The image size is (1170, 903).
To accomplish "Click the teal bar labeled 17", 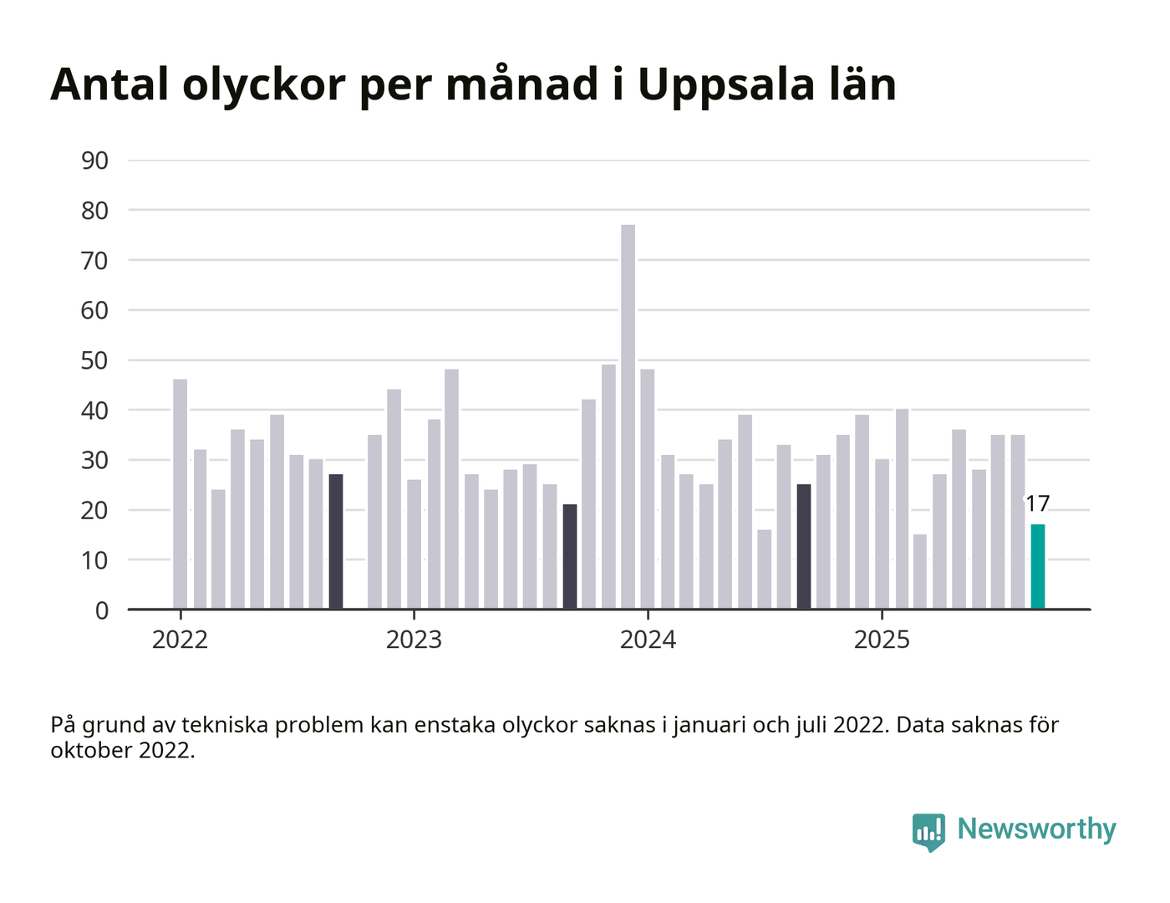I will point(1037,567).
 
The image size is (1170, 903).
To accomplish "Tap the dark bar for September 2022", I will point(336,542).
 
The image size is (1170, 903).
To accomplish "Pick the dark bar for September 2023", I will point(570,557).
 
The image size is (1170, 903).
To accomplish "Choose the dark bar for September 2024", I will point(804,547).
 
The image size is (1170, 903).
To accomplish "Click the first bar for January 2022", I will point(181,494).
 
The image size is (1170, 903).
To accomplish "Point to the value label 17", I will point(1037,504).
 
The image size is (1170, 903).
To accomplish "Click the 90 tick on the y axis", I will point(95,161).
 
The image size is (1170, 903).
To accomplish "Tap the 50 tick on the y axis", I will point(95,360).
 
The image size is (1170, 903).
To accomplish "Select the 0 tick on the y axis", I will point(102,610).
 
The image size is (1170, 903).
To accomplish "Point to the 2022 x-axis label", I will point(180,640).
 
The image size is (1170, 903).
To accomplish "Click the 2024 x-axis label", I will point(648,640).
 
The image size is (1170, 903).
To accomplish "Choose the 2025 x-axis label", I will point(882,640).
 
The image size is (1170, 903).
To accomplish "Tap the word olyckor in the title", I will point(263,84).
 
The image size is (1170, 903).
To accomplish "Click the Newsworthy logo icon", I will point(928,831).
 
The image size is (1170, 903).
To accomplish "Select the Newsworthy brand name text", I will point(1036,829).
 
